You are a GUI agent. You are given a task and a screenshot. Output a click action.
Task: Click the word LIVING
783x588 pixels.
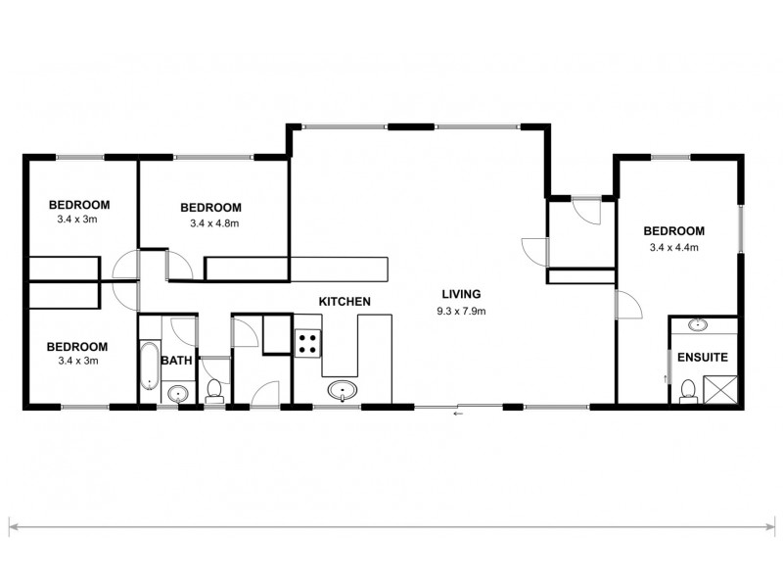coord(462,293)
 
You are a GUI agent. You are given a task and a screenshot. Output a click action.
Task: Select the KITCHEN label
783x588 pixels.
coord(344,301)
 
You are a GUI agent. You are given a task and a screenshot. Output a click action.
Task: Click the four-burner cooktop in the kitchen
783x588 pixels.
coord(307,342)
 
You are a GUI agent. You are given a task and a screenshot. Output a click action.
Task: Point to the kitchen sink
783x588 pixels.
coord(343,391)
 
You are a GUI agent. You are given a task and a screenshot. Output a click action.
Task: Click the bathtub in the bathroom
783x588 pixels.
coord(148,366)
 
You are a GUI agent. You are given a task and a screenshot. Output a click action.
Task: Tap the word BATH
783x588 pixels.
coord(176,361)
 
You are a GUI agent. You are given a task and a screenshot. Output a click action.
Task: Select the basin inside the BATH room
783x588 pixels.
coord(177,394)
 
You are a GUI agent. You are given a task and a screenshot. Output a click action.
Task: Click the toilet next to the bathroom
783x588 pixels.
coord(214,389)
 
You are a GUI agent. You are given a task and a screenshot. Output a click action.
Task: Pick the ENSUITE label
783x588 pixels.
coord(701,357)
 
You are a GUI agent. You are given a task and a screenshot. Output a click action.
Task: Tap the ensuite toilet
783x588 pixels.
coord(687,389)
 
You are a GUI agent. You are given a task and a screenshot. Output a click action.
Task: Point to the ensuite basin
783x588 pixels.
coord(699,324)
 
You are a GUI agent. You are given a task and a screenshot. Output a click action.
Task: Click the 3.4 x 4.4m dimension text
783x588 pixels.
coord(676,248)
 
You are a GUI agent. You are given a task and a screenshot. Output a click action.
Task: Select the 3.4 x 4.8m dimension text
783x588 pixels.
coord(214,223)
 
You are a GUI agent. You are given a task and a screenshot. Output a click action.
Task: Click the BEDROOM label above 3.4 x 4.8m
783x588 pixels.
coord(210,207)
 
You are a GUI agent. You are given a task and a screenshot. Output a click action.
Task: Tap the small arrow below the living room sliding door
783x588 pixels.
coord(457,415)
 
